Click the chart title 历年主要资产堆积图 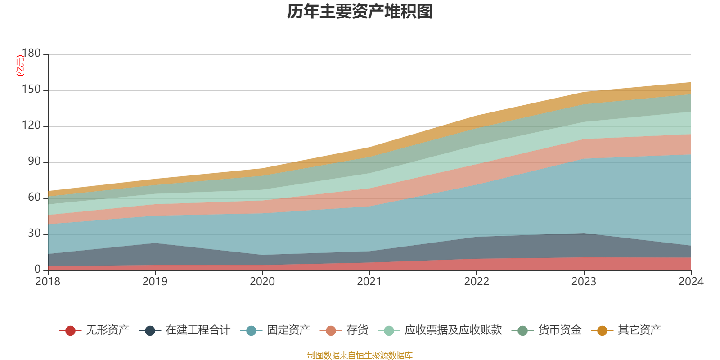[360, 12]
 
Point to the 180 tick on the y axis [31, 54]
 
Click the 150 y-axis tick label [31, 90]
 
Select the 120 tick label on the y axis [31, 126]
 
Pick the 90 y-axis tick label [34, 162]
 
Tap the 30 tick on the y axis [34, 234]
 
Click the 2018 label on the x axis [48, 282]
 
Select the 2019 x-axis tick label [155, 282]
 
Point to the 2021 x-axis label [369, 282]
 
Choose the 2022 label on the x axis [477, 282]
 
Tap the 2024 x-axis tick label [691, 282]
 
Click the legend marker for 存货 [331, 331]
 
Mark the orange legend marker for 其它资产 [602, 331]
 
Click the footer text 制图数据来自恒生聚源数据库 [360, 355]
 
